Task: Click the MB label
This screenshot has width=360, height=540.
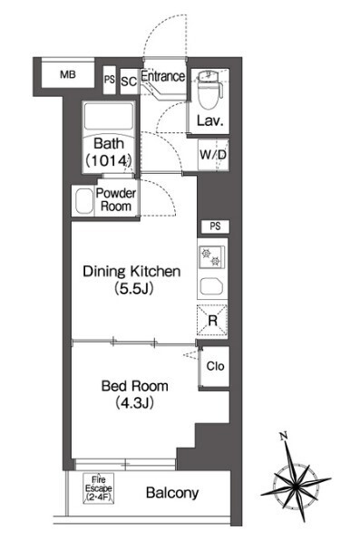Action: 68,74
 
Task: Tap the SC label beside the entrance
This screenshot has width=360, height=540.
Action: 129,82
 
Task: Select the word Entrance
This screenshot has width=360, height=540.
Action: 162,76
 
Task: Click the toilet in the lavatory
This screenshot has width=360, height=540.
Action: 209,89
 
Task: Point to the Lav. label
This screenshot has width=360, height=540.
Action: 210,121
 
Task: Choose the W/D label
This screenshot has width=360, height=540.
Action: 213,155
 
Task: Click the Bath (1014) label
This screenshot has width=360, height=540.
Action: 109,152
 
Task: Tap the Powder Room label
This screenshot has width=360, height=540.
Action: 116,199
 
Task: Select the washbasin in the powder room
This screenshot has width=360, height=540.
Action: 83,201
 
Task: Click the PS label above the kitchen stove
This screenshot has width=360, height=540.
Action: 215,227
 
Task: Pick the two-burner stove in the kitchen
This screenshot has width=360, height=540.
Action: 212,257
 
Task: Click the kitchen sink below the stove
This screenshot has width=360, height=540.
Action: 211,285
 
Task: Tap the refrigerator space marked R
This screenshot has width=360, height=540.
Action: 212,321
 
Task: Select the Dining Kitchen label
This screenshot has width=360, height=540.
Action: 131,280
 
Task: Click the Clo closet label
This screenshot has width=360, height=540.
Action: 215,366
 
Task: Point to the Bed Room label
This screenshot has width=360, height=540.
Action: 135,394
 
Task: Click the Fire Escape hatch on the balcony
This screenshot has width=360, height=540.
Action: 98,488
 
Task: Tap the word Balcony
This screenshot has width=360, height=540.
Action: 172,493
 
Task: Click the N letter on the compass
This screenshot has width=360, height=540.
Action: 284,437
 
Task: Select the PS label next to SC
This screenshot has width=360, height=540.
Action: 110,80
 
